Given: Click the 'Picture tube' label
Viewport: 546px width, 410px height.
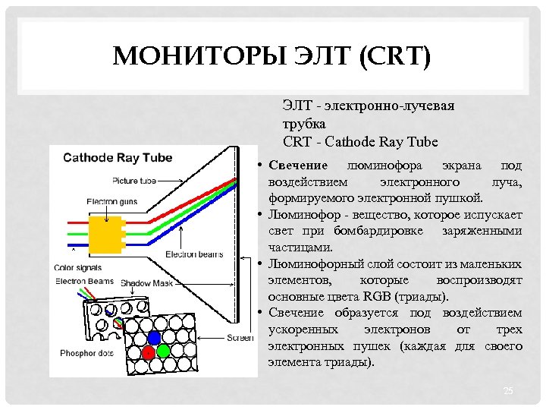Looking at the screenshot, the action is pos(134,181).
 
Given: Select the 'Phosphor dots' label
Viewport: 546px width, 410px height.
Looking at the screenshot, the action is pos(86,352).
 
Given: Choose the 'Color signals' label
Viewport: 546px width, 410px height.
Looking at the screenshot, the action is pos(78,267).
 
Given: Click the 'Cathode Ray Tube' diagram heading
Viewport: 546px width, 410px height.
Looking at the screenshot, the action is pos(118,158).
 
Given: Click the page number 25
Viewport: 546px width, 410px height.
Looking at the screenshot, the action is pos(508,390).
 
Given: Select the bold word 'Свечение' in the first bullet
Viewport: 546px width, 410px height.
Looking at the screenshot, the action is pos(298,166).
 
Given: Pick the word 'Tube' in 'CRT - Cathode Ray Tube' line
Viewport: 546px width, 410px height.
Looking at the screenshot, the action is pos(422,141).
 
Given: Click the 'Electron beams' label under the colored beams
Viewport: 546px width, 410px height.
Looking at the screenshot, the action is pos(193,254).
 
